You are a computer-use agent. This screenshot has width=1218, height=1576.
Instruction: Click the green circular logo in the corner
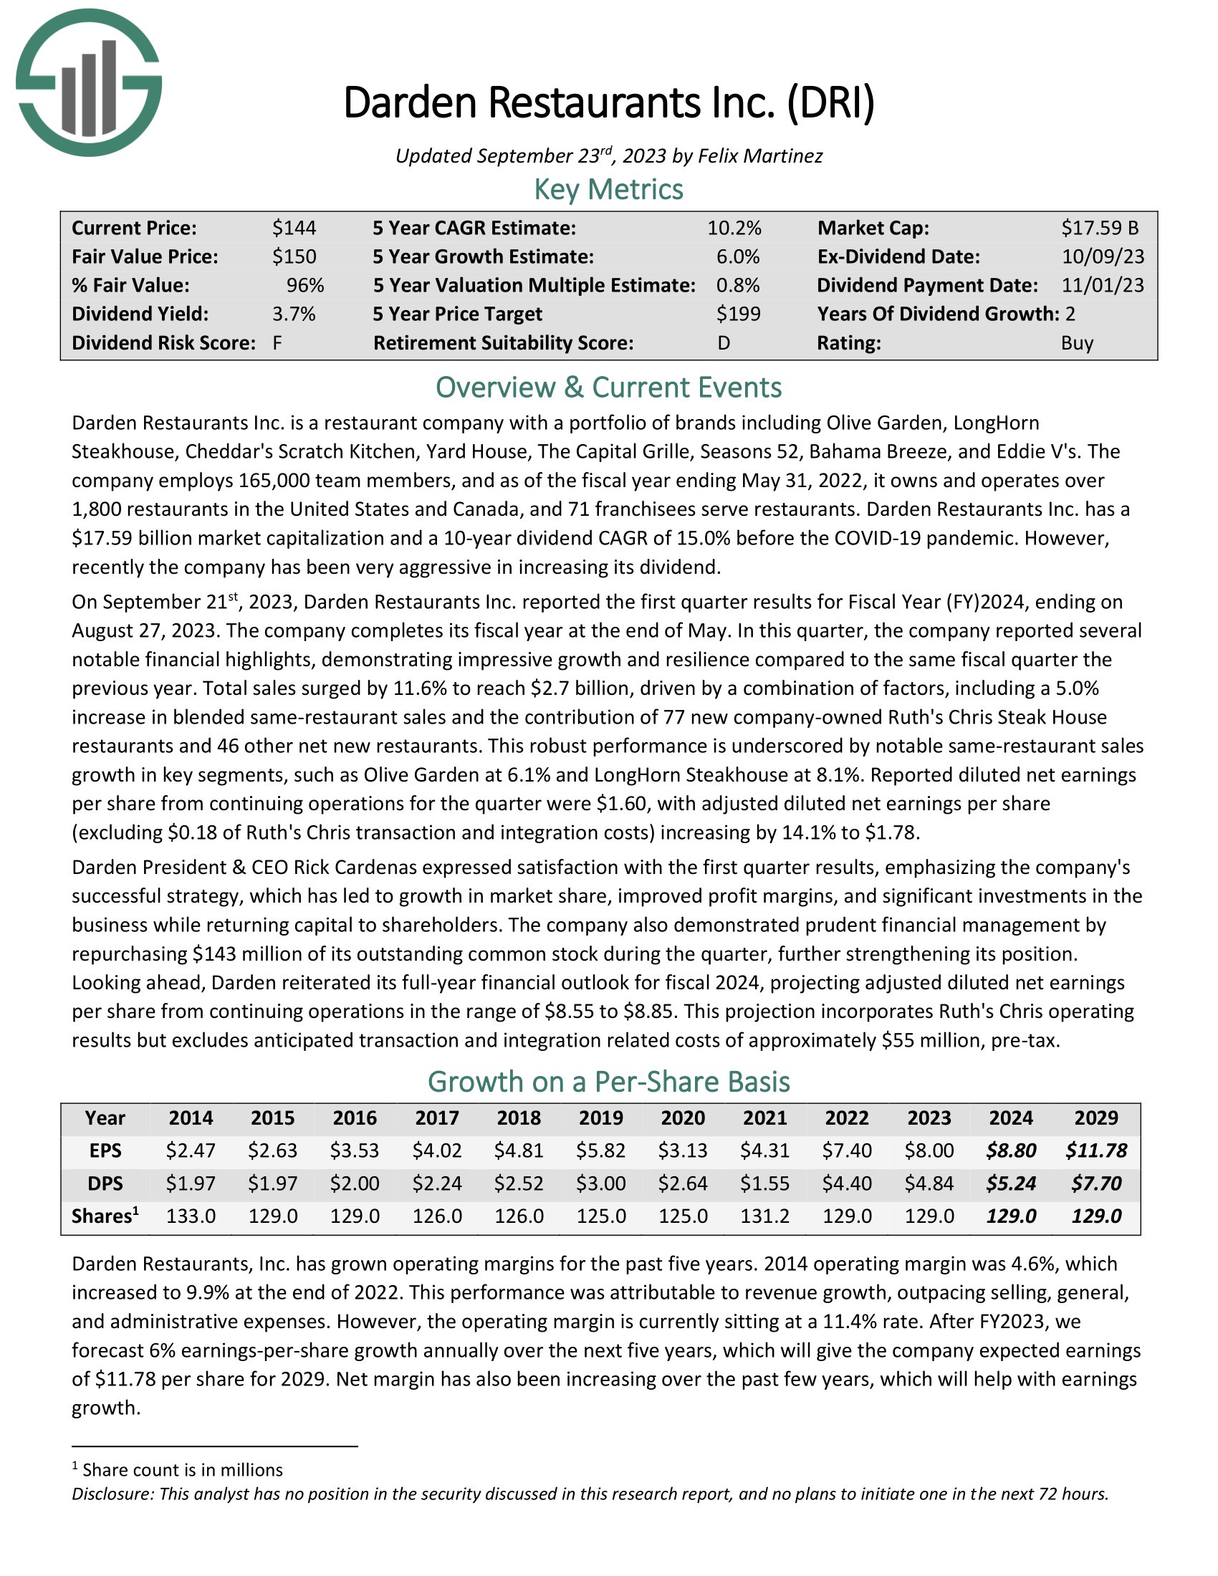89,82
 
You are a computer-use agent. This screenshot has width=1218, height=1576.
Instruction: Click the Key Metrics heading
608,189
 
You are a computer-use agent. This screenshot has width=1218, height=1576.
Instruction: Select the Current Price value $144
294,228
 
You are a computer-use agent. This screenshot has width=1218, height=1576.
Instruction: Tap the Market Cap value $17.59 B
1100,228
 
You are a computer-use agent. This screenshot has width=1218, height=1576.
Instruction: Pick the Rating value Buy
1078,342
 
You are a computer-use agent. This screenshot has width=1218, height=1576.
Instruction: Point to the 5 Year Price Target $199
738,314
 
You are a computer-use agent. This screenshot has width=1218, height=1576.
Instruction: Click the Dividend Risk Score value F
277,342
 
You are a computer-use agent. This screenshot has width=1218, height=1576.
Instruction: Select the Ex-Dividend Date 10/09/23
1103,257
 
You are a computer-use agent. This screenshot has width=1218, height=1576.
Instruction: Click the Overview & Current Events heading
608,388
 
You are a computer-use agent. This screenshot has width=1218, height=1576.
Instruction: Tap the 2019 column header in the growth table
601,1118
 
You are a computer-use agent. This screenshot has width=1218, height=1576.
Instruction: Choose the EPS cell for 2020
683,1150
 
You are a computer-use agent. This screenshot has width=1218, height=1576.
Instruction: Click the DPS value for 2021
765,1183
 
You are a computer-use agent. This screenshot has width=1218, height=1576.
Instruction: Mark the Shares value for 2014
191,1216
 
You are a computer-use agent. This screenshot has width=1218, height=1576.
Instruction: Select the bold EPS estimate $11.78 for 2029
1096,1150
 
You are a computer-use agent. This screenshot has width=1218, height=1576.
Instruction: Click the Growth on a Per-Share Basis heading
608,1082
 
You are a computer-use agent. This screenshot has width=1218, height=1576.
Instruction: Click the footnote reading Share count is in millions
183,1470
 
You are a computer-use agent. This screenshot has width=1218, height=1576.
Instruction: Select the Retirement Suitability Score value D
724,342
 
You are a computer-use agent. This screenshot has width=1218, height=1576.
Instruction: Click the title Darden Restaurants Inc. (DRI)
608,102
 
